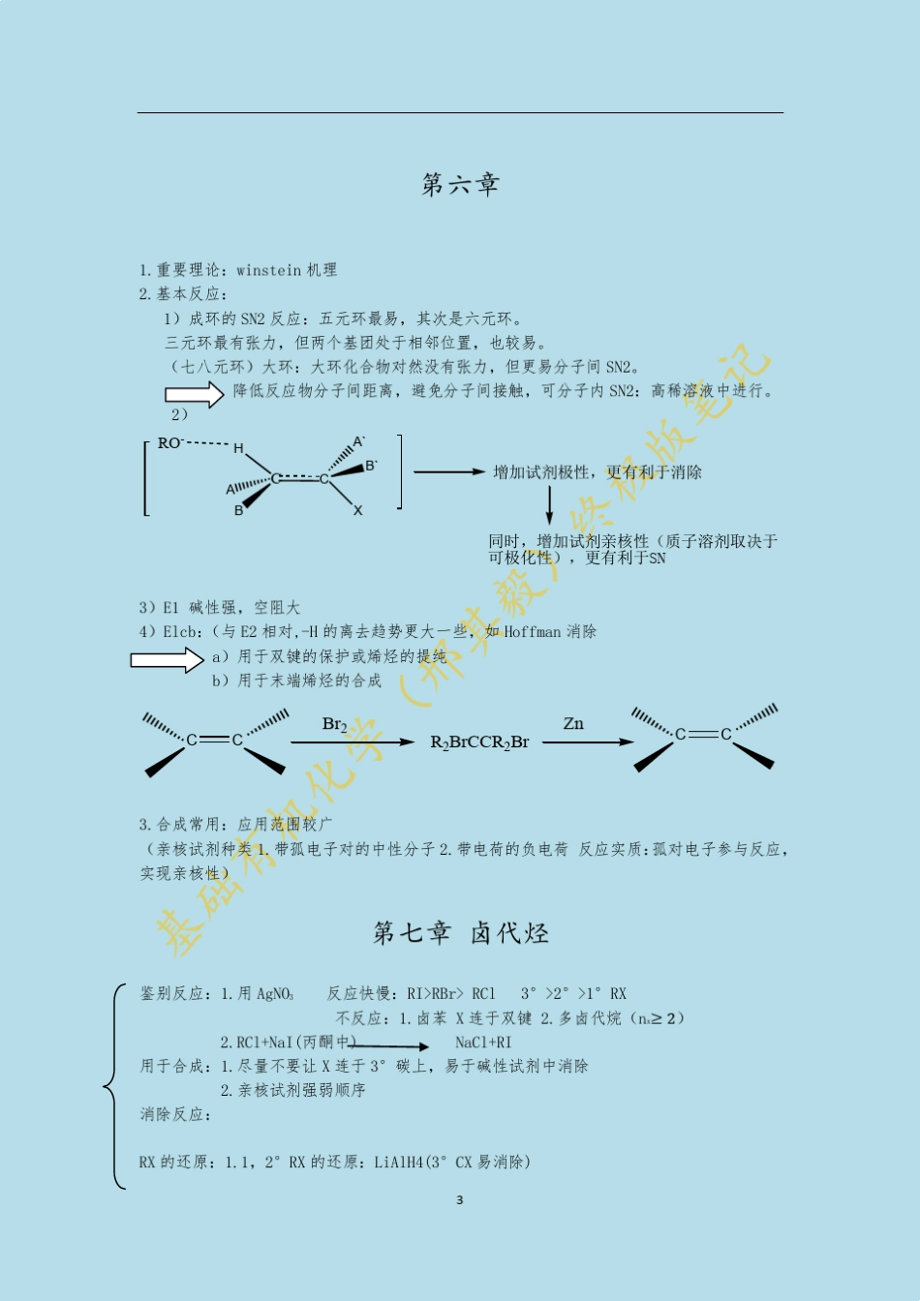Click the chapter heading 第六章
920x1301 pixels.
pyautogui.click(x=460, y=184)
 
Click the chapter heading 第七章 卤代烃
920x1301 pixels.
pyautogui.click(x=461, y=933)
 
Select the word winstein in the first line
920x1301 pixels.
pyautogui.click(x=268, y=270)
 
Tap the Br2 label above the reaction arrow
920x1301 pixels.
pyautogui.click(x=334, y=724)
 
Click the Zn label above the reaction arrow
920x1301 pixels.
pyautogui.click(x=573, y=723)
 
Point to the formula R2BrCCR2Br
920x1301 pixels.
pyautogui.click(x=479, y=742)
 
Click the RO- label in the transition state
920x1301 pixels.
pyautogui.click(x=170, y=443)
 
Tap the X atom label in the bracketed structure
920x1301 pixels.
pyautogui.click(x=357, y=510)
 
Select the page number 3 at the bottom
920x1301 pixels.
pyautogui.click(x=460, y=1200)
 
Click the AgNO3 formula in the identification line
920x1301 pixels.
pyautogui.click(x=274, y=994)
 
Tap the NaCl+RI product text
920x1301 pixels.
pyautogui.click(x=483, y=1043)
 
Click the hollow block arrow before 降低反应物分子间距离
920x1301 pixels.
pyautogui.click(x=194, y=394)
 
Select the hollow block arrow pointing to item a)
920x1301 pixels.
pyautogui.click(x=167, y=660)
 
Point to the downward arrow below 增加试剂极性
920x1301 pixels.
pyautogui.click(x=549, y=504)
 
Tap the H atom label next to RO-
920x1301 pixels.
pyautogui.click(x=238, y=448)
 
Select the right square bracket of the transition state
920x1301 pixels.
pyautogui.click(x=399, y=471)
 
